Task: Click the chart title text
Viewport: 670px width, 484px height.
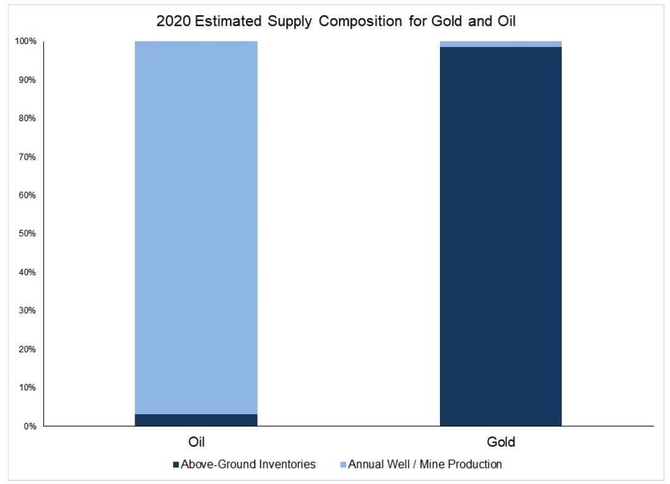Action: click(x=335, y=21)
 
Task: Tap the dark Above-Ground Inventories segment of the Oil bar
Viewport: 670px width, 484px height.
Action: click(x=196, y=420)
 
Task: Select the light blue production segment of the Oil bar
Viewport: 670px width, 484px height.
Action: click(x=196, y=226)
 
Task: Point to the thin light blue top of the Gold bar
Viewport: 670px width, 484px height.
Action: click(x=501, y=44)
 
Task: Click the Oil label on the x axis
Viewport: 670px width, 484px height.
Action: click(x=196, y=442)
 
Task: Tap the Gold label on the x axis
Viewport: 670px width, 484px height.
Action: click(x=501, y=442)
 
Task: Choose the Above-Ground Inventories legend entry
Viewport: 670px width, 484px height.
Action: click(x=248, y=464)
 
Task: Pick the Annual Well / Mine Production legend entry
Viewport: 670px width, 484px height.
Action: click(x=425, y=464)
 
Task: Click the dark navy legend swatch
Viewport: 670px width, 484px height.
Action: click(x=176, y=465)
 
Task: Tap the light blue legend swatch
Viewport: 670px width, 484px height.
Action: click(x=343, y=465)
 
